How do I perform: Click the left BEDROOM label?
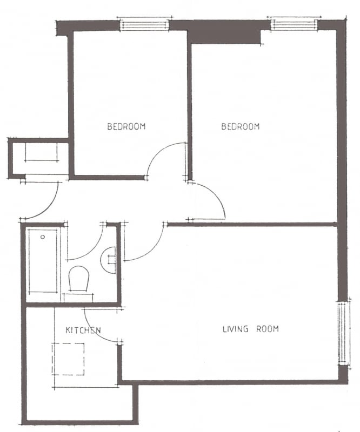[x=126, y=126]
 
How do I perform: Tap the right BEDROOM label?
[x=241, y=126]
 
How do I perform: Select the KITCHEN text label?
[x=83, y=330]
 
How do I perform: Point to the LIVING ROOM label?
[x=251, y=329]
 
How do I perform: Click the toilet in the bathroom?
[x=79, y=278]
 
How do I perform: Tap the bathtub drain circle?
[x=43, y=237]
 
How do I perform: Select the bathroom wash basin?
[x=108, y=260]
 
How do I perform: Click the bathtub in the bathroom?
[x=43, y=261]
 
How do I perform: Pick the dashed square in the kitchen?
[x=68, y=359]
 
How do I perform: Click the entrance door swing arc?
[x=50, y=207]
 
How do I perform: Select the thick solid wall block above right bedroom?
[x=224, y=33]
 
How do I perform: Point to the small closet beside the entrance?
[x=38, y=158]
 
